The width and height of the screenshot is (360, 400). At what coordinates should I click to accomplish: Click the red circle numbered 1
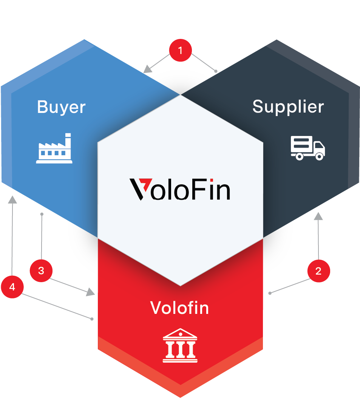click(181, 50)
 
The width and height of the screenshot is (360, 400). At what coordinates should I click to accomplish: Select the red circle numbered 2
click(319, 271)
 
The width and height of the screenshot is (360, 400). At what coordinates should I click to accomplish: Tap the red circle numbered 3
click(41, 271)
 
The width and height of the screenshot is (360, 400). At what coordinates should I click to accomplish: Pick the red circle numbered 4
click(12, 287)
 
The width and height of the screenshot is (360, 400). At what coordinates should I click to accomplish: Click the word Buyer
click(61, 107)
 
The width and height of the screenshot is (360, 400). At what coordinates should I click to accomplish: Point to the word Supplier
click(288, 107)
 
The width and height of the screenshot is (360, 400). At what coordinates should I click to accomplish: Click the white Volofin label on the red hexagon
click(179, 308)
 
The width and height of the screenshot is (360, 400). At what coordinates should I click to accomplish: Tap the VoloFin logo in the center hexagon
click(180, 189)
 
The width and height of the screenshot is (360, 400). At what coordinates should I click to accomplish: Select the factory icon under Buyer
click(54, 148)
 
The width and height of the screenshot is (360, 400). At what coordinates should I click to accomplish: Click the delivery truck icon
click(308, 148)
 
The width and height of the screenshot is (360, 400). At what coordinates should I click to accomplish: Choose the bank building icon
click(180, 345)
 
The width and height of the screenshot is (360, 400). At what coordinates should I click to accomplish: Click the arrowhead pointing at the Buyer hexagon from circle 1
click(147, 69)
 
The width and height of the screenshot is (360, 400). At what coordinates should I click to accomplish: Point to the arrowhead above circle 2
click(318, 216)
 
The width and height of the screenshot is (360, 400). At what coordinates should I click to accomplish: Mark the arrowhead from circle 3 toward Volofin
click(90, 292)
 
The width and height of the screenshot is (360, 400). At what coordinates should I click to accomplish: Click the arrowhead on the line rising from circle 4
click(12, 200)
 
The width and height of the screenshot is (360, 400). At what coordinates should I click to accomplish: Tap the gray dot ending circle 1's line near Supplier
click(216, 71)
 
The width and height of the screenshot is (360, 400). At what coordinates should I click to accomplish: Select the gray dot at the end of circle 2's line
click(270, 293)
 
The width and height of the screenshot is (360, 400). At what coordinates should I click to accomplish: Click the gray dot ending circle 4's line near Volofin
click(92, 319)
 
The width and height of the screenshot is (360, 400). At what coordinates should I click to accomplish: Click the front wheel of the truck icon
click(319, 156)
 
